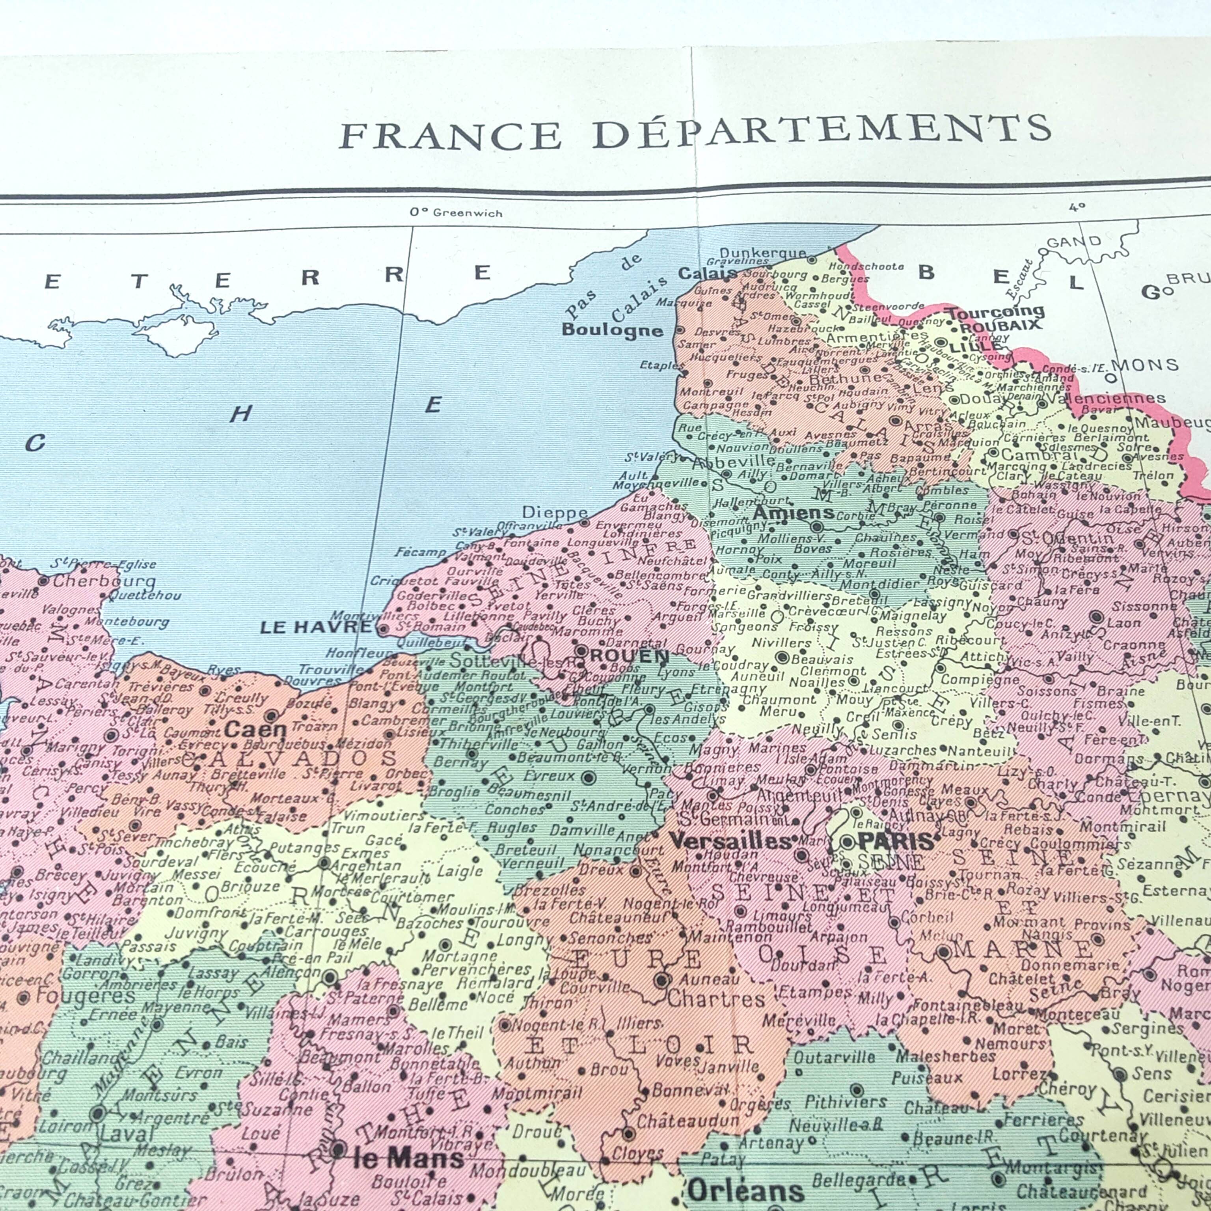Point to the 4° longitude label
click(1077, 207)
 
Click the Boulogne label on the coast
click(612, 330)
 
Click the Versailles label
click(730, 841)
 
